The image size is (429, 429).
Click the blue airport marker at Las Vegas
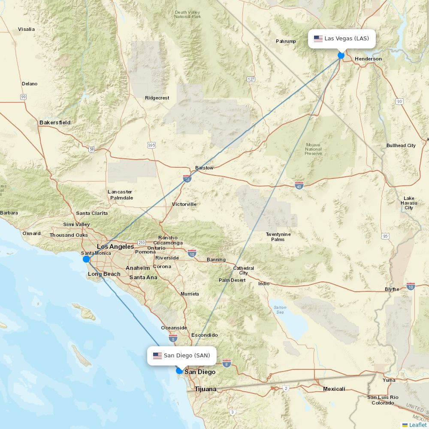pyautogui.click(x=341, y=55)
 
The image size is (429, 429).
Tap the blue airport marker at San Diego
pyautogui.click(x=179, y=371)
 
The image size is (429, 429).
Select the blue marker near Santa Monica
pyautogui.click(x=86, y=259)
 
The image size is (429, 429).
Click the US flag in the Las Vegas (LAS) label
pyautogui.click(x=318, y=39)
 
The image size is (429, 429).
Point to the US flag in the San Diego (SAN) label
pyautogui.click(x=157, y=356)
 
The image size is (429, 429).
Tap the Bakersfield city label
pyautogui.click(x=55, y=123)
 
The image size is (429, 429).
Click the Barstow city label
pyautogui.click(x=204, y=168)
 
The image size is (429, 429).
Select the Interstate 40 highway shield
pyautogui.click(x=299, y=185)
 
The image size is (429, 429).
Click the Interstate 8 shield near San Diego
pyautogui.click(x=227, y=363)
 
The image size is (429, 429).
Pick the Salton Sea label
pyautogui.click(x=280, y=310)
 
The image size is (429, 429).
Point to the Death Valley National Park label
pyautogui.click(x=187, y=14)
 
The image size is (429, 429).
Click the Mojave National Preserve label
pyautogui.click(x=313, y=149)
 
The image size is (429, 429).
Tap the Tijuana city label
pyautogui.click(x=205, y=389)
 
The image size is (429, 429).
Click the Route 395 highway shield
pyautogui.click(x=151, y=145)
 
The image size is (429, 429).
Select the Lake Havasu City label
pyautogui.click(x=409, y=203)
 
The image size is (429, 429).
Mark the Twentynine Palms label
pyautogui.click(x=278, y=237)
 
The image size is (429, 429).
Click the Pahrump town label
pyautogui.click(x=286, y=42)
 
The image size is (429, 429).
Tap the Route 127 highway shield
pyautogui.click(x=251, y=79)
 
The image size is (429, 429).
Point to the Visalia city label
pyautogui.click(x=26, y=30)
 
